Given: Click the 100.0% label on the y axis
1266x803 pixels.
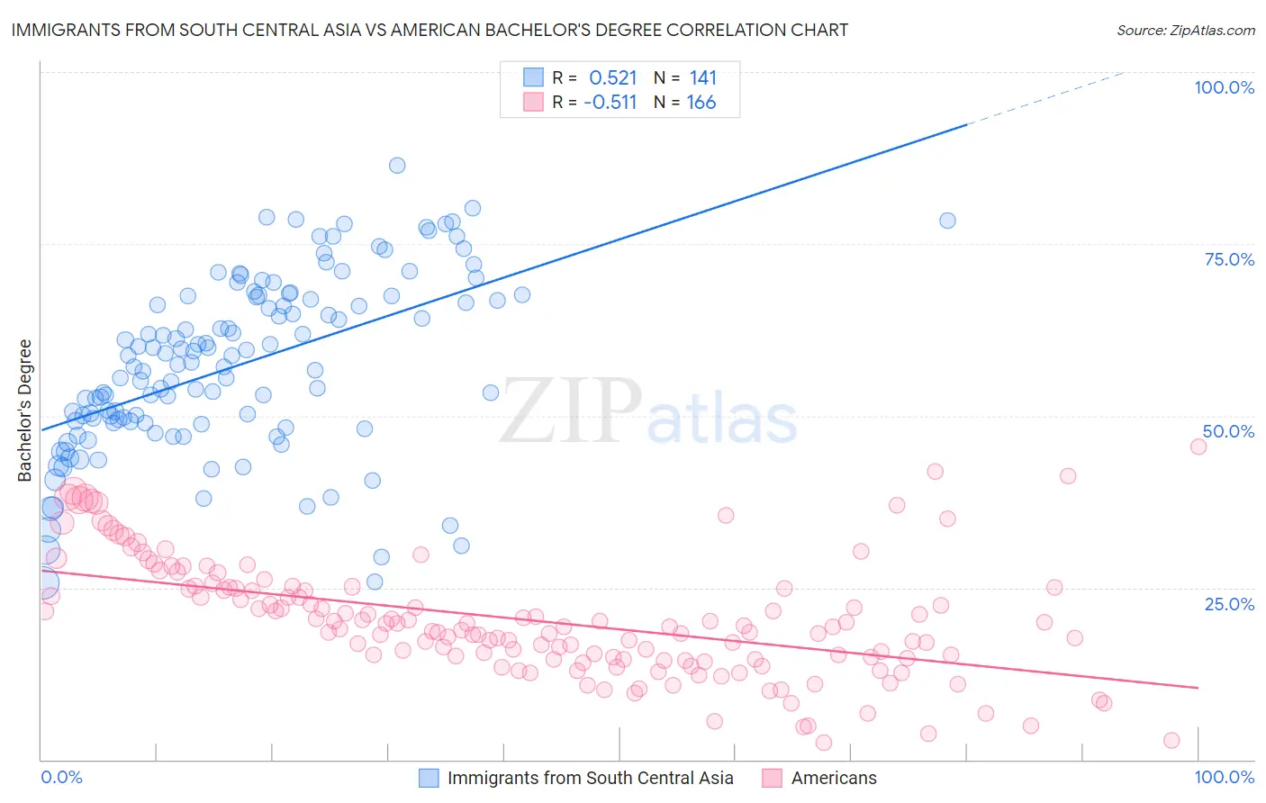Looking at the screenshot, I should (1224, 87).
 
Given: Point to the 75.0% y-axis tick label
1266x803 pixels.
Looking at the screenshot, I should (1229, 259).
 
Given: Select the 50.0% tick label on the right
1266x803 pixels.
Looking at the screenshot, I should (1228, 431).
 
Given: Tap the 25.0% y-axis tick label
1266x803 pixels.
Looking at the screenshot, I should (1229, 603).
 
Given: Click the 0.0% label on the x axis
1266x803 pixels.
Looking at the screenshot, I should (61, 777).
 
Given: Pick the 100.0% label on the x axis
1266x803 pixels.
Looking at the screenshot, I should (1224, 777).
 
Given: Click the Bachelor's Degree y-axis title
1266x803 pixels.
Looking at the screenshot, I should (25, 410).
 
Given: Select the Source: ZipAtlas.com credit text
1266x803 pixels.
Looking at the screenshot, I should (1185, 30).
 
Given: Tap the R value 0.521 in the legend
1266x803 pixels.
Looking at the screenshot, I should (612, 77).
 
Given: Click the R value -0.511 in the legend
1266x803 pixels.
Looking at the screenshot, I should (610, 102).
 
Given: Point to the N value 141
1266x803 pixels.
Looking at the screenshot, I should (702, 77).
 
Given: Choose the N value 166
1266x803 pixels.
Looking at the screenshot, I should (701, 102).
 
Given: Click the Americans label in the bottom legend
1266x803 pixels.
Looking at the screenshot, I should (834, 778).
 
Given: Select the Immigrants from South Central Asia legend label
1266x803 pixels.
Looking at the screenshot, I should (590, 778).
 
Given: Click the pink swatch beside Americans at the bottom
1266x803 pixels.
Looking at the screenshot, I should (772, 778).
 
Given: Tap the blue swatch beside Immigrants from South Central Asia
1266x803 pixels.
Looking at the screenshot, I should (429, 778).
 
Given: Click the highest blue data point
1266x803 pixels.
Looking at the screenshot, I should (397, 165).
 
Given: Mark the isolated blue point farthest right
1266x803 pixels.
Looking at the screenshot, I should (947, 221).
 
